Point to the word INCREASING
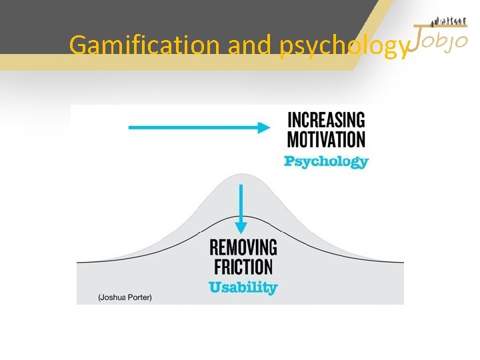326,121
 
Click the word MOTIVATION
326,140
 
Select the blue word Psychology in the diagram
326,161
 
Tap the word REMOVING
243,248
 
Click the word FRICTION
243,267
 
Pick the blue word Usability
243,288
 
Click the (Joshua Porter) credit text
125,297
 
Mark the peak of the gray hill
241,175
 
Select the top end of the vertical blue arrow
242,186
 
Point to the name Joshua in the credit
112,297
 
